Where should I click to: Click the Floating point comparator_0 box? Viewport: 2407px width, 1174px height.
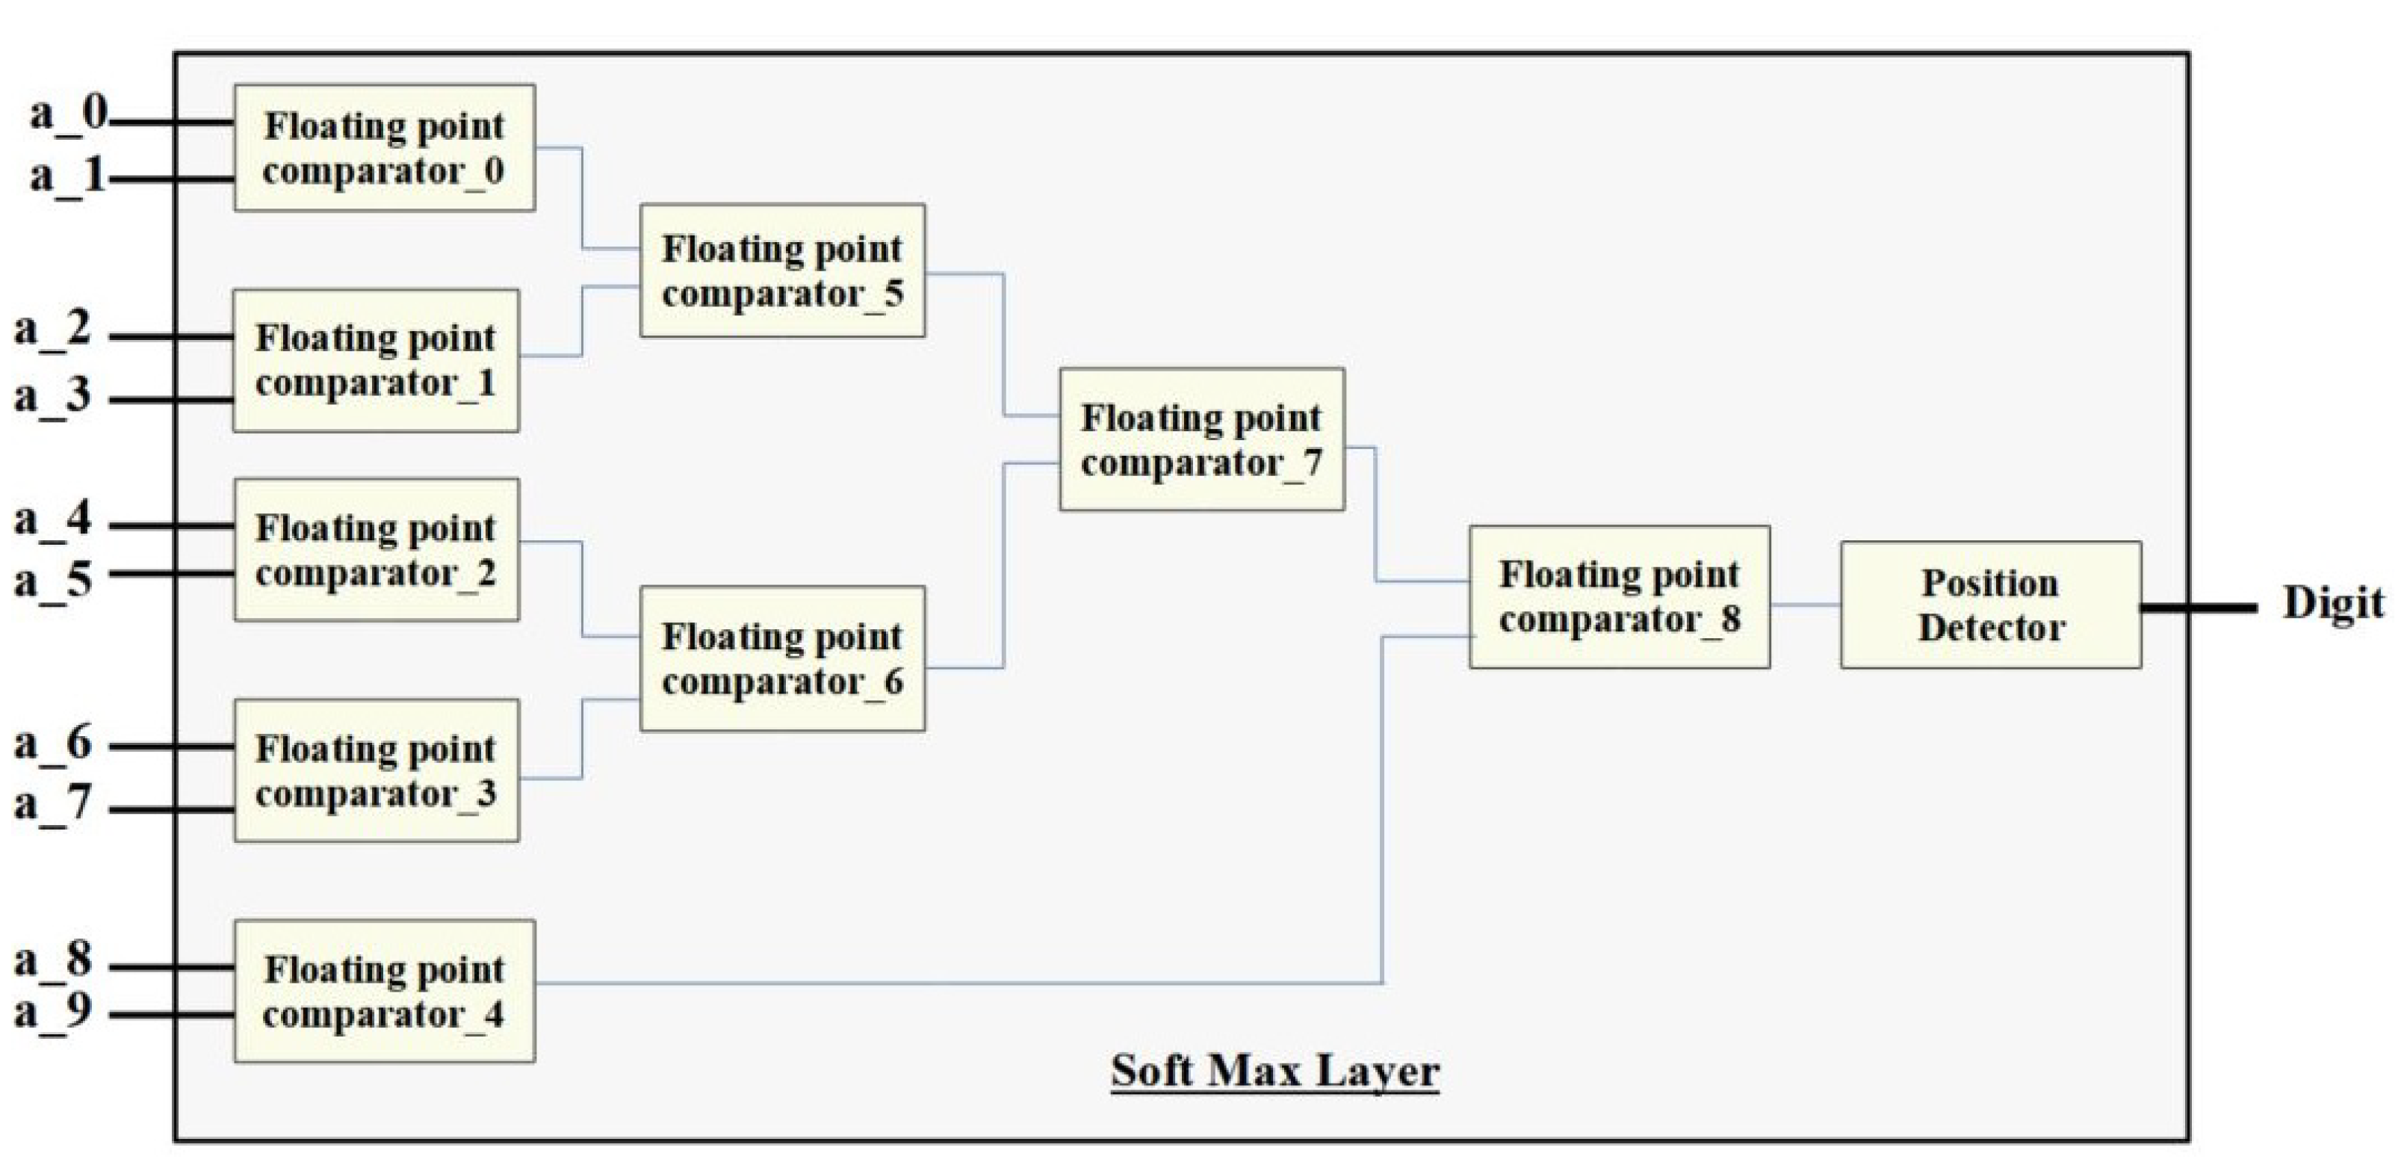pos(384,148)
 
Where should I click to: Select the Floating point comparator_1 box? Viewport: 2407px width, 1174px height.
pos(376,360)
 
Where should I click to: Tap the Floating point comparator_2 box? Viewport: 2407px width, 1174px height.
pos(377,549)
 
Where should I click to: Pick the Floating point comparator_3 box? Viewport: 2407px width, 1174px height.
pos(377,770)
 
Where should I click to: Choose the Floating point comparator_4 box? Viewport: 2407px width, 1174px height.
pos(384,991)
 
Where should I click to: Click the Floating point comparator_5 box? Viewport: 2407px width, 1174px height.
pos(782,270)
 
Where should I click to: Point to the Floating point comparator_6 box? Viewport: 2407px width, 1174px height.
pos(782,658)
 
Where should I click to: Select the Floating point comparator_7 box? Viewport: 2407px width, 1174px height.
pos(1201,439)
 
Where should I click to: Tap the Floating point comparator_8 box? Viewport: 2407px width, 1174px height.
pos(1620,596)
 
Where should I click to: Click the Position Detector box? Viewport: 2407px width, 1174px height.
pos(1990,605)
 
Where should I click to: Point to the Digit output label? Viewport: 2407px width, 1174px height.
pos(2332,603)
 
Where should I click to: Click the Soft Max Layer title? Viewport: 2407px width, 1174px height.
pos(1274,1070)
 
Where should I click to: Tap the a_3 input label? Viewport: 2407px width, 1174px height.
pos(53,395)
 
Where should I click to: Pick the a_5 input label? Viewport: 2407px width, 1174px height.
pos(53,579)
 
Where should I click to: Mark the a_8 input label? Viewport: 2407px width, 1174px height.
pos(53,960)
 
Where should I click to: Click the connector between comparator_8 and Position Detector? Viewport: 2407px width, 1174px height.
pos(1805,605)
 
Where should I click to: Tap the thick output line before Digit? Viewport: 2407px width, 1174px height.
pos(2199,608)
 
